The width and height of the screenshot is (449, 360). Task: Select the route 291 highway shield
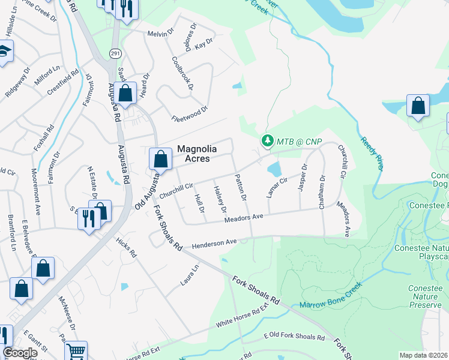pos(115,53)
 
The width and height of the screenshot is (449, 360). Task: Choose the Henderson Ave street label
pos(214,243)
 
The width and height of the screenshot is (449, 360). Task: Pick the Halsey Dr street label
pos(219,199)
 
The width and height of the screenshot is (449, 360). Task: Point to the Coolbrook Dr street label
pos(182,73)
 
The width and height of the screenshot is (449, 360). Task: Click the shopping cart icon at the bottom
pos(76,351)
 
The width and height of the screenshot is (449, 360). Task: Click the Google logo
pos(20,353)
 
